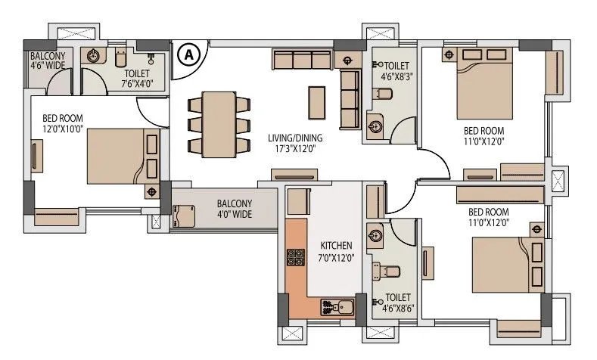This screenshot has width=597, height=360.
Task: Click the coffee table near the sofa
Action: (317, 100)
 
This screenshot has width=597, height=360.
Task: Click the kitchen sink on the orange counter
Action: (337, 306)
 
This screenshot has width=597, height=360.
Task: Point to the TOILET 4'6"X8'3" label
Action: (396, 70)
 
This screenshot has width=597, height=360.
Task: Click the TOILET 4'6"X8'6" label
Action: (398, 303)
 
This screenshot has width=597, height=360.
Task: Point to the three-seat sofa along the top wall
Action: (302, 60)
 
